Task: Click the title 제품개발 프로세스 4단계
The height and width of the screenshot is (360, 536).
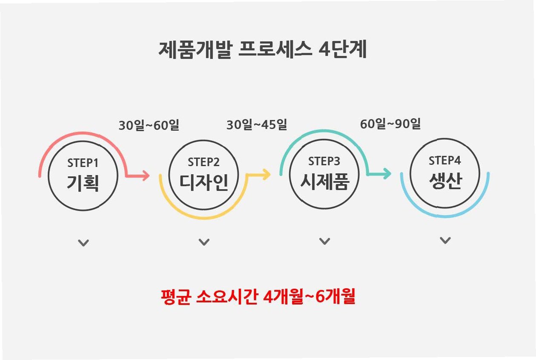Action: [262, 50]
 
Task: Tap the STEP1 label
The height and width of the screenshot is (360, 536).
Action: [83, 163]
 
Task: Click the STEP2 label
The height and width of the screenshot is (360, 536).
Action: [204, 162]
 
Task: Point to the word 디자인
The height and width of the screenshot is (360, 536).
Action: [204, 182]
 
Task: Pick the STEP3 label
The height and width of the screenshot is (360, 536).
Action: [324, 161]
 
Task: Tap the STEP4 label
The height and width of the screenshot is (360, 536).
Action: [445, 161]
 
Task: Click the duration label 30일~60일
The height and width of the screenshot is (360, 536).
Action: [149, 126]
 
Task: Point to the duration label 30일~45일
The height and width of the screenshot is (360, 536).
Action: [257, 125]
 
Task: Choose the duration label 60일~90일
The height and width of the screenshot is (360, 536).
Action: [390, 124]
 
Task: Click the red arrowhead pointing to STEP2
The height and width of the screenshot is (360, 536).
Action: [146, 176]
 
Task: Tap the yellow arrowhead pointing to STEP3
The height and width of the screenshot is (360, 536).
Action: [267, 174]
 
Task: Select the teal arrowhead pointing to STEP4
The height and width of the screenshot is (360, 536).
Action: [387, 173]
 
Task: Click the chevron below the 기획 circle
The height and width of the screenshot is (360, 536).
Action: [83, 243]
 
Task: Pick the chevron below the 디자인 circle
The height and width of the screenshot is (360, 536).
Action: [204, 242]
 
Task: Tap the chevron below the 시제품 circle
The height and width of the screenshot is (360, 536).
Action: [325, 241]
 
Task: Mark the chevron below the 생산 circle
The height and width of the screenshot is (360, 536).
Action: [445, 240]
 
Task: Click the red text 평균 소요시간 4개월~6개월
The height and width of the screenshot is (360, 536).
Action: [258, 297]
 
